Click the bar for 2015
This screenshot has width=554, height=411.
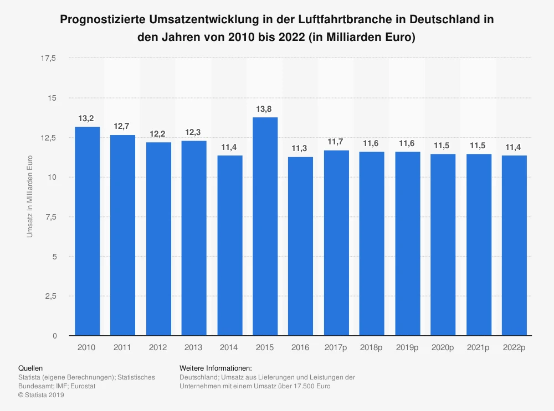pyautogui.click(x=265, y=226)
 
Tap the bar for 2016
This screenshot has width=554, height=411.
pyautogui.click(x=301, y=246)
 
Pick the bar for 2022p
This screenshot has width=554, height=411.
pyautogui.click(x=514, y=246)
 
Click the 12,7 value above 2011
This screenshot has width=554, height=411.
pyautogui.click(x=122, y=127)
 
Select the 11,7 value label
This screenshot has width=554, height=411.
pyautogui.click(x=336, y=142)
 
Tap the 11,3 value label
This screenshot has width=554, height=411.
pyautogui.click(x=301, y=148)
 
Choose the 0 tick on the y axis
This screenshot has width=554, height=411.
pyautogui.click(x=54, y=336)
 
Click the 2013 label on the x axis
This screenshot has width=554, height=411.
pyautogui.click(x=194, y=347)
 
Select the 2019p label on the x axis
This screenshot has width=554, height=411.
pyautogui.click(x=407, y=347)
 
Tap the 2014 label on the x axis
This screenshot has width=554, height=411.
pyautogui.click(x=229, y=347)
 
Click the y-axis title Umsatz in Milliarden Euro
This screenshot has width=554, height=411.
pyautogui.click(x=30, y=197)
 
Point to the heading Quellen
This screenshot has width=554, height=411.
pyautogui.click(x=30, y=368)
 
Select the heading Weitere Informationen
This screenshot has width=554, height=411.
pyautogui.click(x=216, y=368)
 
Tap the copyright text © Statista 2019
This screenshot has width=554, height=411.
pyautogui.click(x=41, y=395)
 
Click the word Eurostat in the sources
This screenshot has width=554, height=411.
pyautogui.click(x=83, y=386)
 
